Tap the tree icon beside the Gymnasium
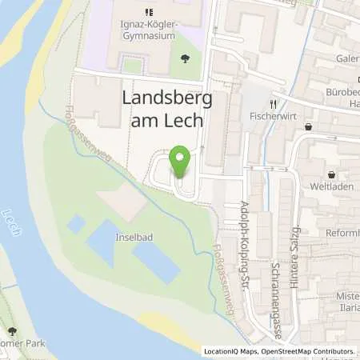point(186,58)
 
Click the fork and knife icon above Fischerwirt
point(272,104)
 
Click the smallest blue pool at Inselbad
point(76,223)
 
